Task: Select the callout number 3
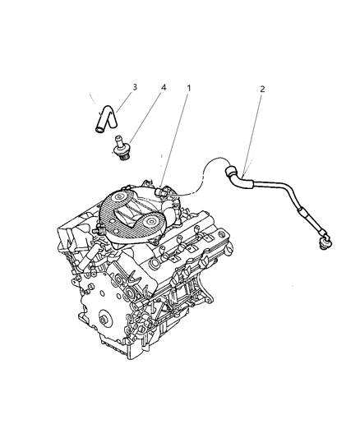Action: coord(134,86)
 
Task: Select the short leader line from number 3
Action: coord(125,100)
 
